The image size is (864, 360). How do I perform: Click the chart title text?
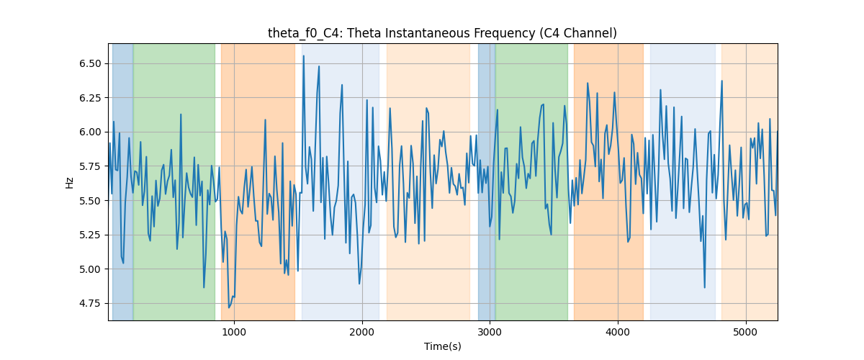pyautogui.click(x=442, y=33)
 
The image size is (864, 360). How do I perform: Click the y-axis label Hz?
pyautogui.click(x=69, y=183)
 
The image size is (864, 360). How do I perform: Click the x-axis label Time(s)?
pyautogui.click(x=442, y=346)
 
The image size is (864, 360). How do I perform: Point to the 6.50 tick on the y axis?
pyautogui.click(x=90, y=63)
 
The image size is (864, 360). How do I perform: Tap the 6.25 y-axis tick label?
pyautogui.click(x=90, y=98)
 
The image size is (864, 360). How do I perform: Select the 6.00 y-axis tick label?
pyautogui.click(x=90, y=132)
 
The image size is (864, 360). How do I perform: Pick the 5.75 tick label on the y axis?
pyautogui.click(x=90, y=167)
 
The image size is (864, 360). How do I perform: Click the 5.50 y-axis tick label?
pyautogui.click(x=90, y=201)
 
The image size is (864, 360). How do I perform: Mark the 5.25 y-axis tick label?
pyautogui.click(x=90, y=235)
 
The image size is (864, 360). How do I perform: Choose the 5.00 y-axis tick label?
pyautogui.click(x=90, y=269)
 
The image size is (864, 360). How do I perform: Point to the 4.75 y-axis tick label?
pyautogui.click(x=90, y=304)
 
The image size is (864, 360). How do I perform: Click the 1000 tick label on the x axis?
pyautogui.click(x=234, y=333)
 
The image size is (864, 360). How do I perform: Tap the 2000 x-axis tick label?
pyautogui.click(x=362, y=333)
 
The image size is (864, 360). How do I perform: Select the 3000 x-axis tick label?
pyautogui.click(x=490, y=333)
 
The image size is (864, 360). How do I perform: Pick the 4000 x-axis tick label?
pyautogui.click(x=618, y=333)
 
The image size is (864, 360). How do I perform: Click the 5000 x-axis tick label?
pyautogui.click(x=746, y=333)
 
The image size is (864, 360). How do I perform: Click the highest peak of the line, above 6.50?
pyautogui.click(x=304, y=56)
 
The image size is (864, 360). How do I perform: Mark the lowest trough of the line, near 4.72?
pyautogui.click(x=229, y=307)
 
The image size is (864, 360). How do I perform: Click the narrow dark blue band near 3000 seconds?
pyautogui.click(x=487, y=181)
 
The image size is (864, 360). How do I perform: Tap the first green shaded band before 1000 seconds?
pyautogui.click(x=174, y=181)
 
